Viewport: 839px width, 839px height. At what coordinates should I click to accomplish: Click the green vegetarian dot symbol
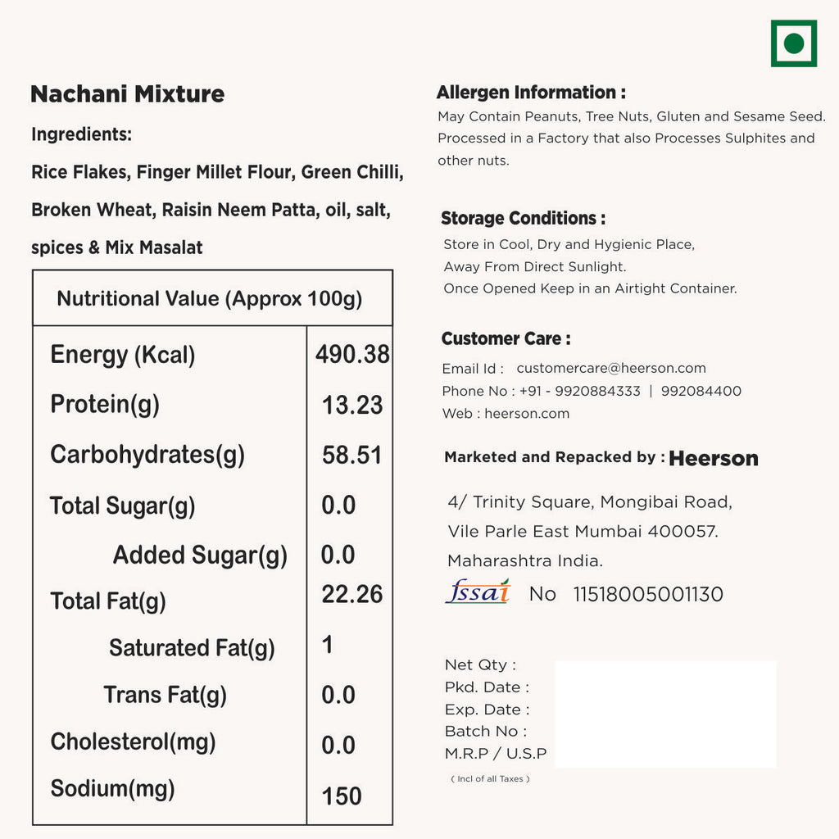pos(793,43)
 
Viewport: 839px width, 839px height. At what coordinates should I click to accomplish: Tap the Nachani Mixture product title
pos(127,94)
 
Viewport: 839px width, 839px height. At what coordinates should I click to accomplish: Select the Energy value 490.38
pos(352,354)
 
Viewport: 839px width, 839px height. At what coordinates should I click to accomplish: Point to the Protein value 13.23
pos(352,405)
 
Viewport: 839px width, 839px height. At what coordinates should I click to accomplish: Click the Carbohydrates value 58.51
pos(352,456)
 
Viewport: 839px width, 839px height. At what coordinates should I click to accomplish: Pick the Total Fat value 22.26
pos(352,595)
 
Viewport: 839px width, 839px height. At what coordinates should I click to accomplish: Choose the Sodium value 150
pos(342,796)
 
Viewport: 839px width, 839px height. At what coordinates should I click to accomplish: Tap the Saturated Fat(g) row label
pos(192,648)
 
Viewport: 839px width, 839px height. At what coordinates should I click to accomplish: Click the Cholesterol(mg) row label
pos(133,742)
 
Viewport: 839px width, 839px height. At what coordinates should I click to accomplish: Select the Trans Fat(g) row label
pos(165,696)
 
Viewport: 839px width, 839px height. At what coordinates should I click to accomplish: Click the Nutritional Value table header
pos(210,298)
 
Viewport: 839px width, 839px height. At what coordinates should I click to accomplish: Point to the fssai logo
pos(477,592)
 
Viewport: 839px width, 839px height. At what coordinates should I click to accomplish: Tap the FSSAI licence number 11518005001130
pos(648,595)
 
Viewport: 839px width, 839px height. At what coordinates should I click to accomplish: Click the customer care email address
pos(611,369)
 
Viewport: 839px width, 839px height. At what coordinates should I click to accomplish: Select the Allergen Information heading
pos(531,93)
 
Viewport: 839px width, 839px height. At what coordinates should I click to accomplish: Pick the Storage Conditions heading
pos(523,219)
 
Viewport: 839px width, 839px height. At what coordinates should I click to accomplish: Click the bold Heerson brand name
pos(714,459)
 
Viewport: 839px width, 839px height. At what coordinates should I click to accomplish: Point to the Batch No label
pos(486,732)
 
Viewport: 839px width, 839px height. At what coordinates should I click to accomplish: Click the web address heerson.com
pos(527,414)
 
